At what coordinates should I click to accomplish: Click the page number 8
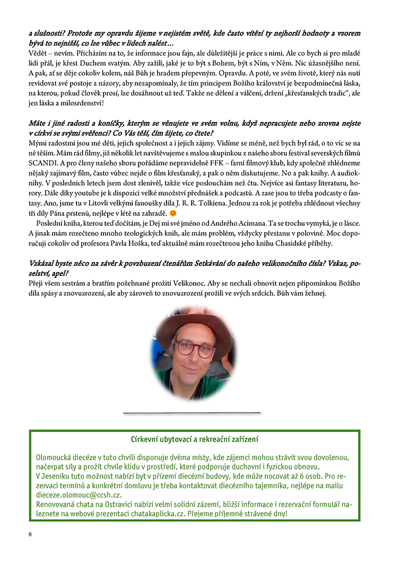click(x=31, y=534)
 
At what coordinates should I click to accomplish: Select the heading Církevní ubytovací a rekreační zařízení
click(x=195, y=440)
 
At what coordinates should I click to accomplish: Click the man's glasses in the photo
click(x=195, y=349)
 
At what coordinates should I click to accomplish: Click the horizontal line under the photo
click(x=192, y=412)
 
